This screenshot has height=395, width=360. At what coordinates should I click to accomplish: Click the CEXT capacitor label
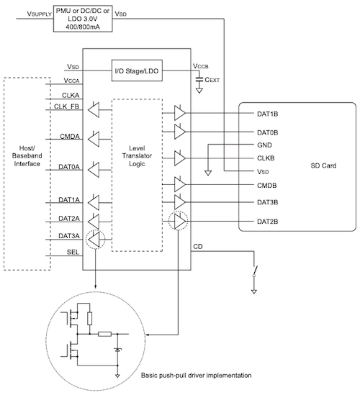click(x=216, y=81)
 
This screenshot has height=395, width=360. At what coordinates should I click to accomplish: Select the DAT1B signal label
click(x=267, y=113)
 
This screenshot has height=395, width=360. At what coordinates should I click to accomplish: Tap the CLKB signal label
click(x=267, y=158)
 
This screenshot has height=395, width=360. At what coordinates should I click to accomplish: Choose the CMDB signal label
click(x=267, y=185)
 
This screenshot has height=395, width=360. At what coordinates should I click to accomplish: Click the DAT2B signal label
click(x=267, y=221)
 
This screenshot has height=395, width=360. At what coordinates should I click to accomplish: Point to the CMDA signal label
click(x=70, y=137)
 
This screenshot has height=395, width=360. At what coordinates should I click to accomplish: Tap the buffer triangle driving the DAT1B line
click(x=179, y=112)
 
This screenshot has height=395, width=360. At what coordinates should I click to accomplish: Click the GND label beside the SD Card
click(x=264, y=145)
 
